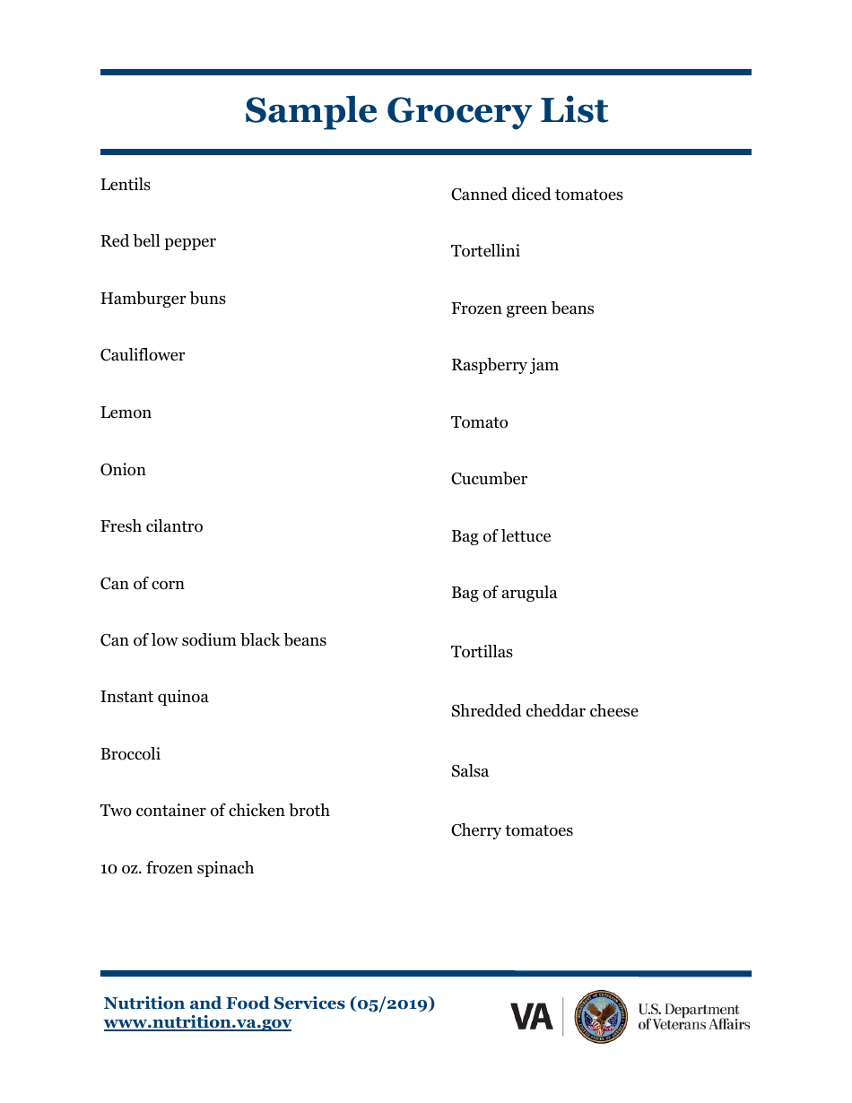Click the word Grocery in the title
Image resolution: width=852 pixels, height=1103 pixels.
point(456,111)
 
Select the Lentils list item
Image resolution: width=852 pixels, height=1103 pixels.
point(126,185)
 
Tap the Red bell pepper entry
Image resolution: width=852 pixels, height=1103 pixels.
point(158,242)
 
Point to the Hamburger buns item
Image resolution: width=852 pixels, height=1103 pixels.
point(163,299)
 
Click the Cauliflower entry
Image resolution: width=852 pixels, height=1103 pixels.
point(143,355)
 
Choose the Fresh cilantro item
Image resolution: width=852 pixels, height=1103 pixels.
point(152,526)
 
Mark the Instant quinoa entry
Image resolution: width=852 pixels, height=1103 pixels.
point(154,697)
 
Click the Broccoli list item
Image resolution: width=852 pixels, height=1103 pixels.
point(130,754)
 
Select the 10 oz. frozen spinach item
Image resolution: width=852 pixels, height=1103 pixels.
point(177,868)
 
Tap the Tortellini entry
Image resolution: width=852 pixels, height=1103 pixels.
point(485,251)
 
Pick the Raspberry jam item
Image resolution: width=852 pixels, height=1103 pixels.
point(505,365)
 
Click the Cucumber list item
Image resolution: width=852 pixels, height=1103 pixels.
point(489,479)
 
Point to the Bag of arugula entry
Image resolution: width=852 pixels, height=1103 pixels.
point(504,593)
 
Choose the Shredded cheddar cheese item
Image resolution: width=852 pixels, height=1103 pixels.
point(544,711)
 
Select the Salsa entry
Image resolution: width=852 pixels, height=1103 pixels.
point(470,771)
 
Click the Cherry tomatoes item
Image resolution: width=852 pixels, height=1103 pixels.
point(512,830)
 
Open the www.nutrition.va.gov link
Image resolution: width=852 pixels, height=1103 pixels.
point(197,1022)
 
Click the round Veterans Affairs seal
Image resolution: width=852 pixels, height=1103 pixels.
point(602,1017)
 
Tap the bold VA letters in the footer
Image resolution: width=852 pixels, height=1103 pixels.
point(532,1017)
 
